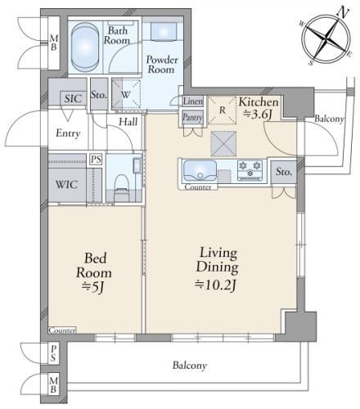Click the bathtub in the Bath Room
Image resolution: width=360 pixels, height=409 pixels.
(85, 47)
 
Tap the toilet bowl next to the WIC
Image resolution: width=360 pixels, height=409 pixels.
(122, 185)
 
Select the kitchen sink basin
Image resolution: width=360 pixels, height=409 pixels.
(200, 171)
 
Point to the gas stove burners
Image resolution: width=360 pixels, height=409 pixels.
(250, 170)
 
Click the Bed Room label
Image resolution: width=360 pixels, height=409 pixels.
(94, 265)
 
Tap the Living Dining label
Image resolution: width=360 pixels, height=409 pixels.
(218, 260)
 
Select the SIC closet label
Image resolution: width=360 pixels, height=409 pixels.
(73, 98)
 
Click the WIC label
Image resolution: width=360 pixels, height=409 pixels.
(66, 185)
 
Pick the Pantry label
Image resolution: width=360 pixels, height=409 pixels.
(192, 118)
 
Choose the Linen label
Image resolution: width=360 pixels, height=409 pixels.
(193, 101)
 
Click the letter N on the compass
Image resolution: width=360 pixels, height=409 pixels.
(344, 12)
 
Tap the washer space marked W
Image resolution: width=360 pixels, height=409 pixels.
(126, 95)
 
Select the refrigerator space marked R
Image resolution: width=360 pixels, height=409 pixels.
(222, 110)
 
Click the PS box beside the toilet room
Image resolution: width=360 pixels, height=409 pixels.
(96, 159)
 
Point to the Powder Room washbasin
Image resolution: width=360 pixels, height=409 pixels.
(164, 31)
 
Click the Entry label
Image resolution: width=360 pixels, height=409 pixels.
(68, 133)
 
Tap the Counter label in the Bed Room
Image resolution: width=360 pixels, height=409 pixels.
(62, 330)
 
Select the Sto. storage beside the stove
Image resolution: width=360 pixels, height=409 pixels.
(284, 172)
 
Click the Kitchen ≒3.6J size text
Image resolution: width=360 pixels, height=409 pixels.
(258, 115)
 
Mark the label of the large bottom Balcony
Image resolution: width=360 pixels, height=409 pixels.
(190, 365)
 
